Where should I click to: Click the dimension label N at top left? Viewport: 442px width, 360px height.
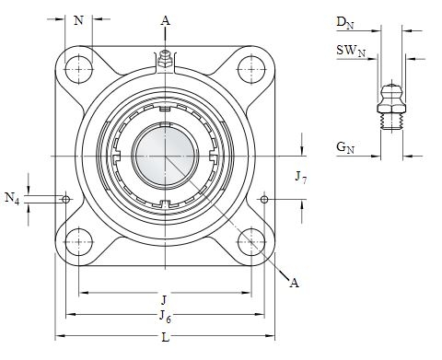point(79,20)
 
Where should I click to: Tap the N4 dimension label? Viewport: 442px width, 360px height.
point(12,198)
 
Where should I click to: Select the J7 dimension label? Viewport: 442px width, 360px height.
point(300,178)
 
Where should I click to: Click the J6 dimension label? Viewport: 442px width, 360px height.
point(165,317)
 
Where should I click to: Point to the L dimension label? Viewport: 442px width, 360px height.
point(166,338)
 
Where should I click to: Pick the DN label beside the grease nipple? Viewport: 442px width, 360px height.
point(345,23)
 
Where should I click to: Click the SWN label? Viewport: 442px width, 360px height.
point(351,50)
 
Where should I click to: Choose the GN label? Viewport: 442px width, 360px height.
point(345,147)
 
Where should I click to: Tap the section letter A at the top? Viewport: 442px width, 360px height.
point(166,20)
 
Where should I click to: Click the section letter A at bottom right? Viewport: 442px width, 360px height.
point(294,283)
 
